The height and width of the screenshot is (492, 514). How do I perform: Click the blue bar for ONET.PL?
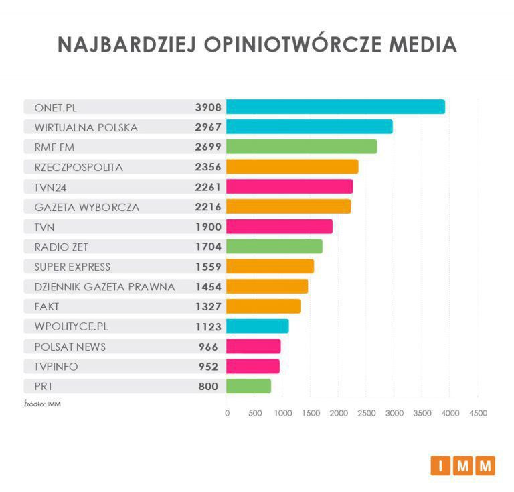click(x=335, y=107)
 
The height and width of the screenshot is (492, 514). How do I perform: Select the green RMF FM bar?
click(x=301, y=147)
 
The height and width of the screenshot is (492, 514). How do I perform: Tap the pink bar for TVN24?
click(x=289, y=186)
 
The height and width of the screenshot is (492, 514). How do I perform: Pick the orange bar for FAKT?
click(x=263, y=306)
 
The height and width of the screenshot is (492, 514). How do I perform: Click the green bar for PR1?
click(x=248, y=386)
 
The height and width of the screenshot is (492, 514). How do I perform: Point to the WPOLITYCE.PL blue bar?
click(x=257, y=326)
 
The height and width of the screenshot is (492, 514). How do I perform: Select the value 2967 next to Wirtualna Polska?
click(x=208, y=127)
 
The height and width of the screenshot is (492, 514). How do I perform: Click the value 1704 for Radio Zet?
click(x=208, y=247)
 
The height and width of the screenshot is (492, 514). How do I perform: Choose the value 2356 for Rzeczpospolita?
click(x=208, y=167)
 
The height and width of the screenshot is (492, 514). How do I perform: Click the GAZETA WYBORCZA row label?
click(x=87, y=207)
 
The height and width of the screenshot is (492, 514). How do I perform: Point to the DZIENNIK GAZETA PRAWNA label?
click(x=104, y=287)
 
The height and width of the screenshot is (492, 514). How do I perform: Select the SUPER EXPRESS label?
click(x=72, y=267)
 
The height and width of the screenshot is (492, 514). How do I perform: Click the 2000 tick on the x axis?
click(x=338, y=414)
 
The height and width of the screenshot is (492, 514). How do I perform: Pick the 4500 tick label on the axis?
click(x=478, y=414)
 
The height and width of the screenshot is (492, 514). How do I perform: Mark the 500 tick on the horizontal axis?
click(x=255, y=414)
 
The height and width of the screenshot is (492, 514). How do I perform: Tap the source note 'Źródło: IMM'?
click(x=42, y=404)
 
